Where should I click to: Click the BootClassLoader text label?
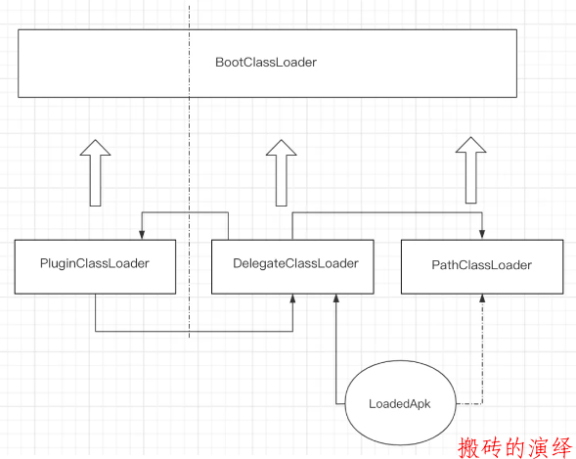click(266, 62)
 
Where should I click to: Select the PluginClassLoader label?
click(95, 263)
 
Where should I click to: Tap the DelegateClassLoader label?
click(295, 263)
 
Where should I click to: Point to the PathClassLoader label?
click(481, 265)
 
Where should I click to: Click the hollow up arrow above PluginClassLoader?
click(95, 172)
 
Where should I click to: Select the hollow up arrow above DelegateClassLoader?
click(282, 172)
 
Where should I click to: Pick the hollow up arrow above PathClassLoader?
click(471, 170)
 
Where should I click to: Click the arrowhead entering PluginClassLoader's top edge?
click(142, 235)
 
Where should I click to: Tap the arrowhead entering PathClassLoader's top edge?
click(482, 235)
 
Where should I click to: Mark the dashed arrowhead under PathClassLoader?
click(482, 298)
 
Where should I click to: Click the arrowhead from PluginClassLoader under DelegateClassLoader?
click(292, 298)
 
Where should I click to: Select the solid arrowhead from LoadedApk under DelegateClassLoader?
click(335, 298)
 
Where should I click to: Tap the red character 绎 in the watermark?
click(562, 447)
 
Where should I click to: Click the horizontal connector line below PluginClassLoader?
click(194, 332)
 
